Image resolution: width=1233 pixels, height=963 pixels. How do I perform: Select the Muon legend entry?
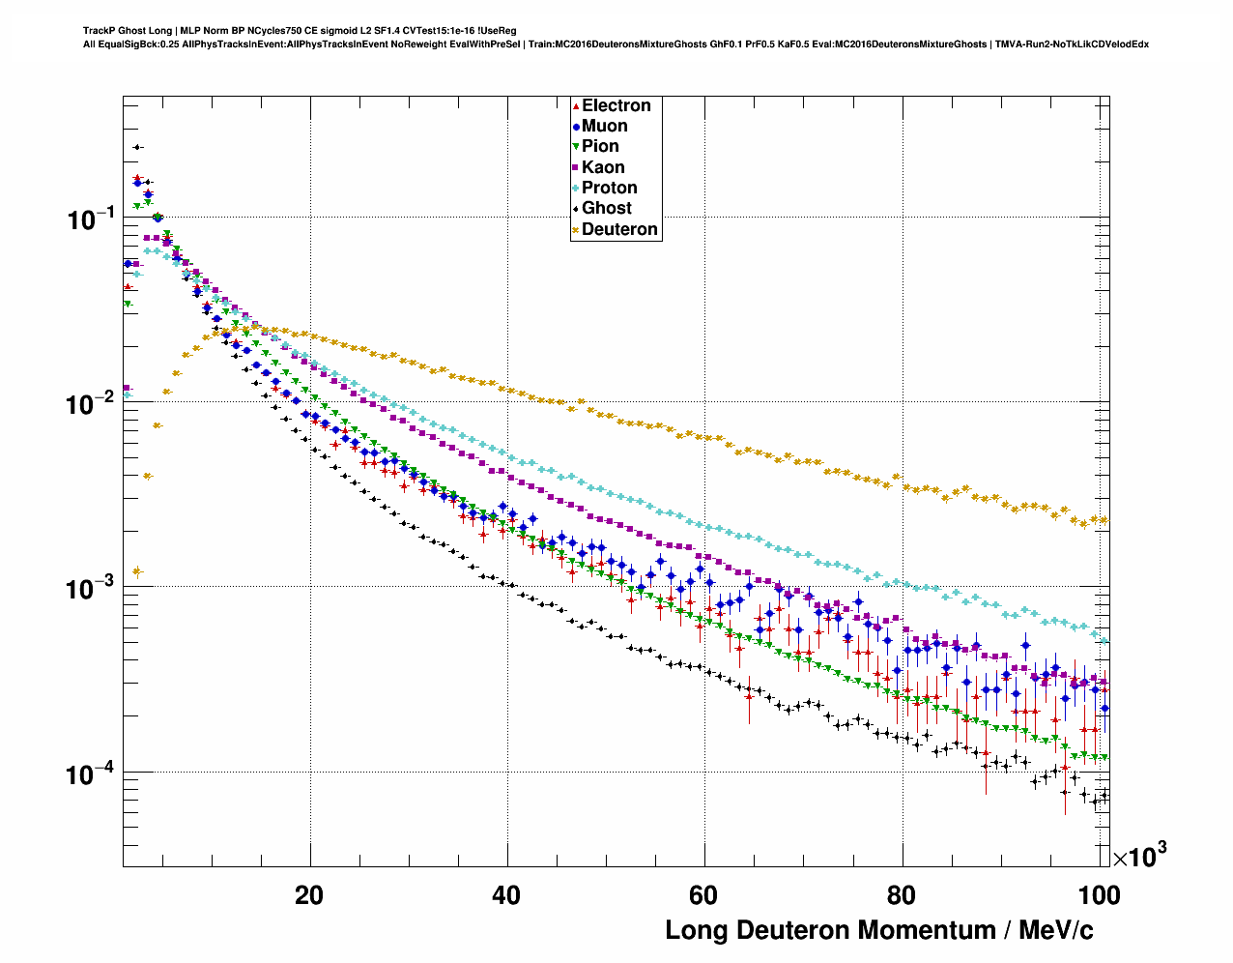point(604,126)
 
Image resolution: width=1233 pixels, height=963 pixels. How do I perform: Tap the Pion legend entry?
point(600,146)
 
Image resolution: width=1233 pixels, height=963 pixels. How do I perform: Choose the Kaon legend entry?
point(603,167)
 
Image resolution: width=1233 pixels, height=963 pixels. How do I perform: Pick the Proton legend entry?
point(609,188)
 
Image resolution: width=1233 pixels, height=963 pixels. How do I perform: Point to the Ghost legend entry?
point(606,208)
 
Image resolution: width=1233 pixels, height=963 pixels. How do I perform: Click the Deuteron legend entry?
point(619,229)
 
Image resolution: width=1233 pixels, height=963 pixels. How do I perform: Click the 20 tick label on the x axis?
point(309,895)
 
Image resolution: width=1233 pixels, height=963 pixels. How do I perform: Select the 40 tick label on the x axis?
point(506,895)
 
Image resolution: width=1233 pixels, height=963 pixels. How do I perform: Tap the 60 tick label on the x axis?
point(703,895)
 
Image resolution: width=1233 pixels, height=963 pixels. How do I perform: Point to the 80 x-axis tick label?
point(901,895)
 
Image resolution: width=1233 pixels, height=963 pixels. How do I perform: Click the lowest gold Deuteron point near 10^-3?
point(136,571)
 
